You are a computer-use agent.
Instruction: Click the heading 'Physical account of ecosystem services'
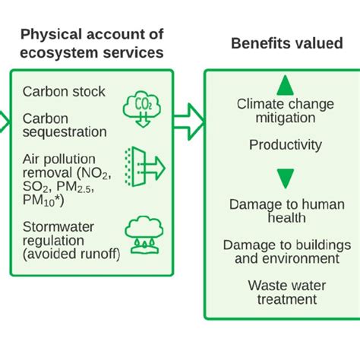tap(91, 43)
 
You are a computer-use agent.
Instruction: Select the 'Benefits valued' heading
tap(286, 44)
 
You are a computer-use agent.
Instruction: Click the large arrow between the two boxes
tap(188, 119)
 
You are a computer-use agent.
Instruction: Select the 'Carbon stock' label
tap(64, 92)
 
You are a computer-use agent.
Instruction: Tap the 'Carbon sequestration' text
tap(65, 125)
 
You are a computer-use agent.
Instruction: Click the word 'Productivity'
tap(285, 145)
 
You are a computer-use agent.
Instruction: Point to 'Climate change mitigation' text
tap(285, 111)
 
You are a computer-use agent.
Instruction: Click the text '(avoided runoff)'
tap(71, 254)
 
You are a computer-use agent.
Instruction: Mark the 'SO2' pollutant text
tap(33, 187)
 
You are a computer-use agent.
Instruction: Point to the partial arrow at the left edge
tap(4, 119)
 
